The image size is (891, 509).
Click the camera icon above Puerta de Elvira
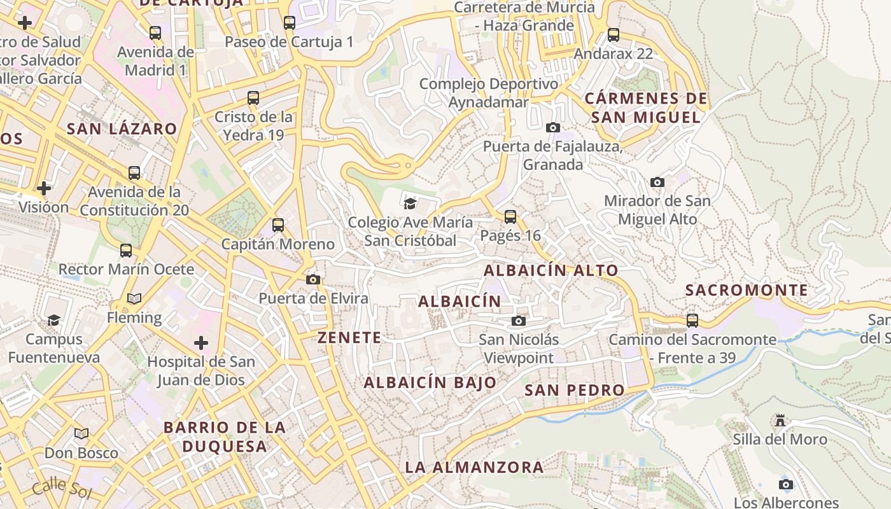[x=312, y=280]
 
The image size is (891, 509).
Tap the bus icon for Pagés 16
[x=510, y=217]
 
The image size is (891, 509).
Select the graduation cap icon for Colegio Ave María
[x=410, y=204]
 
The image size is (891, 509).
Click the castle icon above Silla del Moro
[x=780, y=421]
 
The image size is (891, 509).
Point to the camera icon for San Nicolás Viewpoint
[x=519, y=321]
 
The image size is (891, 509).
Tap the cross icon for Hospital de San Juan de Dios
[x=201, y=344]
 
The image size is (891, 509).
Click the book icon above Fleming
[x=134, y=298]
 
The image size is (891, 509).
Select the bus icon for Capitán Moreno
[x=277, y=225]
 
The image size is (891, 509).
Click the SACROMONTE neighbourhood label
[x=747, y=291]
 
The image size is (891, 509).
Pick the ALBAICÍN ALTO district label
[x=551, y=270]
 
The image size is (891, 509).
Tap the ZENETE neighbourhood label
[x=349, y=338]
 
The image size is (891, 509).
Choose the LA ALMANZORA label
[x=474, y=468]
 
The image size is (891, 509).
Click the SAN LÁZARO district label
[x=122, y=129]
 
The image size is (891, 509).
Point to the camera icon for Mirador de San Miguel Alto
[x=657, y=183]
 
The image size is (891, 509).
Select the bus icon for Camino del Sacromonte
[x=692, y=321]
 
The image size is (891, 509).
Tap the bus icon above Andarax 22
[x=614, y=35]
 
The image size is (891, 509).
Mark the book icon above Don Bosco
[x=81, y=434]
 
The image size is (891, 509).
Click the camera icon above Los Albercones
[x=786, y=484]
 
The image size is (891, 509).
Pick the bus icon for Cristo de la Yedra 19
[x=253, y=98]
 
